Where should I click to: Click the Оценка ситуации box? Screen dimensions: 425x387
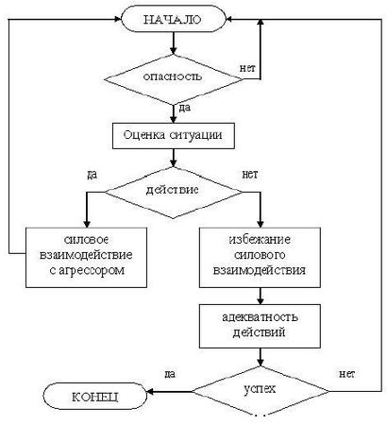coord(173,134)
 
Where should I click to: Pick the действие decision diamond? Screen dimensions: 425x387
coord(171,191)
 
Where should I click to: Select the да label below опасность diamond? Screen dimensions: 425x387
coord(182,110)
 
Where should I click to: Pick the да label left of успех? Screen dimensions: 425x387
coord(170,375)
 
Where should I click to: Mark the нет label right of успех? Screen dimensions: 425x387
coord(345,375)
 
